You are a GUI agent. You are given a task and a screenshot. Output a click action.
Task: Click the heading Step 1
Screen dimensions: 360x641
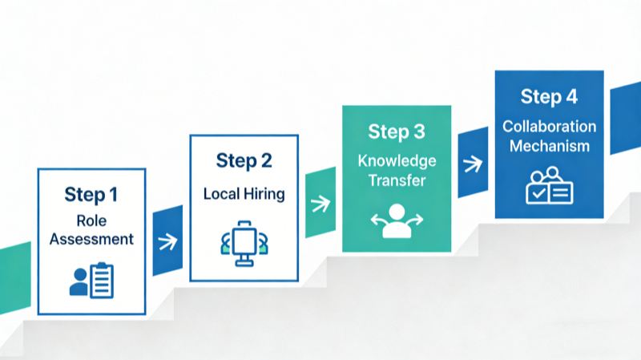pos(91,195)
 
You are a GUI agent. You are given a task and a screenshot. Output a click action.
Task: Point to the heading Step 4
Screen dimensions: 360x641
pos(548,97)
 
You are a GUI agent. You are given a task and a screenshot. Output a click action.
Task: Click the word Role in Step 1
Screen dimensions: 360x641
pos(91,220)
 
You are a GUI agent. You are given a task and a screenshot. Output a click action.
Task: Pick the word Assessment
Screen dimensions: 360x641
pos(91,238)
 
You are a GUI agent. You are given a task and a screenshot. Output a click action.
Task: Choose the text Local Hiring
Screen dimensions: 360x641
pos(244,193)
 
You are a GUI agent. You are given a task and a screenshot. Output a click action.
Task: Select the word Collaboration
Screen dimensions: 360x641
pos(549,127)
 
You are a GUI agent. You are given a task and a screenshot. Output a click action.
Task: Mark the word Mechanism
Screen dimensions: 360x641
pos(549,146)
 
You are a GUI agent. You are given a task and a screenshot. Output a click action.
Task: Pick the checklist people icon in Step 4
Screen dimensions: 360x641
pos(549,185)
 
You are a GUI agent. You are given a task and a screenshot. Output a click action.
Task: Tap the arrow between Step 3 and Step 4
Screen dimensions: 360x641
pos(473,164)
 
